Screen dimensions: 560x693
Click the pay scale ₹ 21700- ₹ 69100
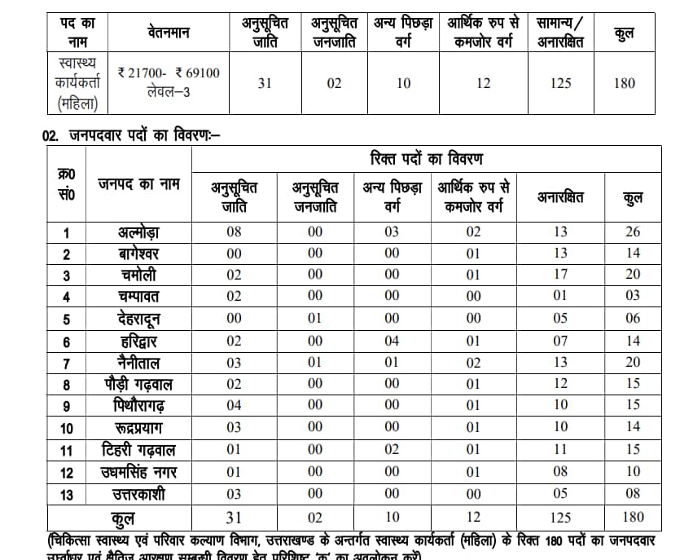click(x=169, y=73)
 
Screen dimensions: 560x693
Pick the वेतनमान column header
click(x=169, y=33)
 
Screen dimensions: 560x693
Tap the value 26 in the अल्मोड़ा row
click(x=632, y=232)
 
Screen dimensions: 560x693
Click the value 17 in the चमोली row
click(x=559, y=276)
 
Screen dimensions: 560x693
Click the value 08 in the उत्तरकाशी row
click(x=632, y=494)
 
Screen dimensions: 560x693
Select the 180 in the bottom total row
click(x=632, y=517)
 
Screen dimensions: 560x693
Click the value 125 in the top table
click(x=560, y=83)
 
